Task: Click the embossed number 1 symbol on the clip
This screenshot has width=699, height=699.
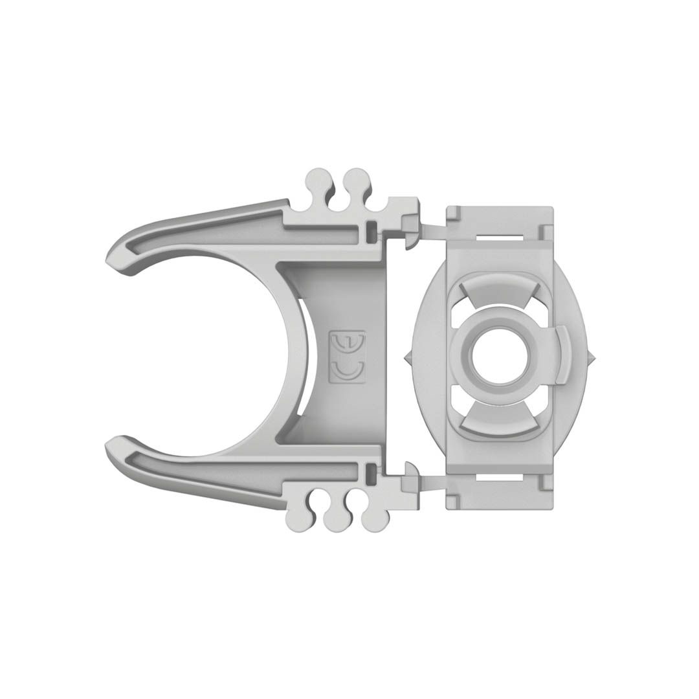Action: [348, 342]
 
